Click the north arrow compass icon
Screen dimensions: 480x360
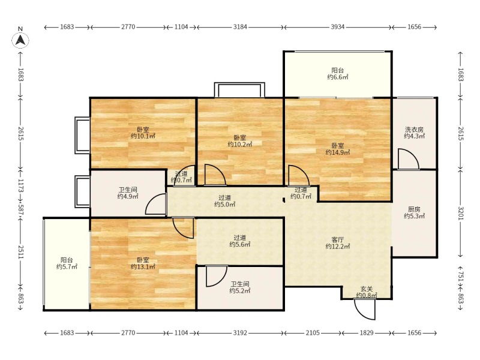tap(20, 40)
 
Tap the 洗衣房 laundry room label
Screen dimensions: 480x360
tap(414, 130)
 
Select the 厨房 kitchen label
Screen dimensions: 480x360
tap(414, 209)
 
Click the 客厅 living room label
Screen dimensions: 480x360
tap(337, 239)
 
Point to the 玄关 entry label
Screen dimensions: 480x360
tap(367, 289)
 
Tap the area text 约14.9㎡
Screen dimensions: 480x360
tap(337, 152)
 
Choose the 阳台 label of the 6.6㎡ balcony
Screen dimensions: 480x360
tap(338, 70)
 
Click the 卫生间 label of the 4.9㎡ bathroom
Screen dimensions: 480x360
tap(128, 190)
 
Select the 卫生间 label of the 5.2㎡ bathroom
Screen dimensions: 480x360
tap(239, 284)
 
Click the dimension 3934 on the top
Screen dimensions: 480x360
tap(337, 27)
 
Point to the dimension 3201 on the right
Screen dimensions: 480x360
tap(461, 214)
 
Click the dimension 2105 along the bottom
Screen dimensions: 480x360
tap(312, 333)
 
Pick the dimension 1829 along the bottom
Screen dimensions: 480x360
tap(366, 333)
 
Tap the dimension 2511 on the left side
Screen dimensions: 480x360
tap(20, 252)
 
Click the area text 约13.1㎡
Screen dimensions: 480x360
tap(143, 267)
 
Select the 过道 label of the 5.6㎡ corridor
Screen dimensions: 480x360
tap(239, 238)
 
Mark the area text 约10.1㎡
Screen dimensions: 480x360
tap(143, 136)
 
